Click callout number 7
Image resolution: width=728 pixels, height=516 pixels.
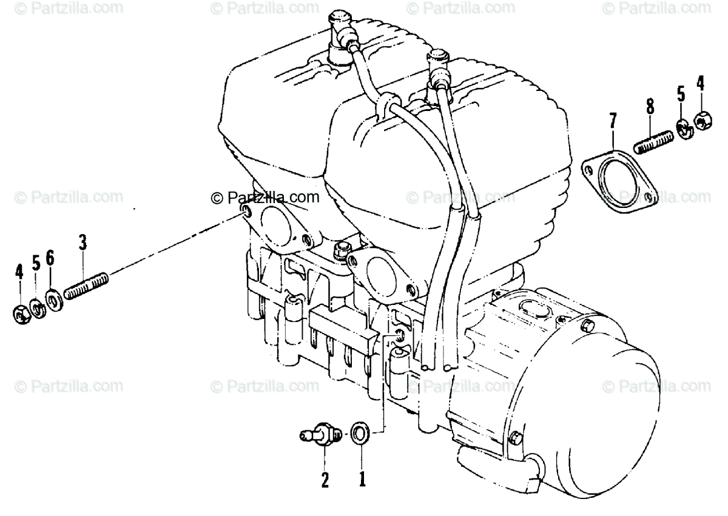coord(612,121)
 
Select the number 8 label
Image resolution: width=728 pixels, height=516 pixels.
coord(650,108)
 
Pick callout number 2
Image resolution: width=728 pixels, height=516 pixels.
coord(325,480)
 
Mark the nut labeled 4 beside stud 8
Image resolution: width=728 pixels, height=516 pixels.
coord(699,122)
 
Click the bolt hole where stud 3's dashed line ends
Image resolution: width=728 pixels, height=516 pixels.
coord(245,211)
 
